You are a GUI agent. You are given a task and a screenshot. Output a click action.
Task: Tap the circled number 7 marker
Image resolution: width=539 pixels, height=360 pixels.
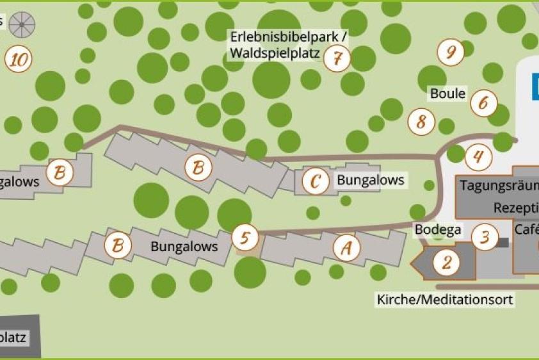coord(337,58)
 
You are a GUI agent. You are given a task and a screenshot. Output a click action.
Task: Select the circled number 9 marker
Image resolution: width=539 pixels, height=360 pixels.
coord(451,52)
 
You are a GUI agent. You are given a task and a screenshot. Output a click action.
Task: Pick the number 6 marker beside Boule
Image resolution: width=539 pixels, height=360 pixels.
coord(483,102)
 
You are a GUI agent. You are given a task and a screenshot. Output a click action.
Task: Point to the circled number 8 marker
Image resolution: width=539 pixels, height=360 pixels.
coord(421,121)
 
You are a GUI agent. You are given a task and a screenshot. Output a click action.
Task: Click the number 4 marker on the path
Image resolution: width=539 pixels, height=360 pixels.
coord(478,156)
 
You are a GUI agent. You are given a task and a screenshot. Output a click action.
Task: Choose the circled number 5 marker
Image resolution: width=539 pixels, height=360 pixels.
coord(244,238)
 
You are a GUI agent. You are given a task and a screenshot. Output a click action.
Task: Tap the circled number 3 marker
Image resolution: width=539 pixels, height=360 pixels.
coord(485,237)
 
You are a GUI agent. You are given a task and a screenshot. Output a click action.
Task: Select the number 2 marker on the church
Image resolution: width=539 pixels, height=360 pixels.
coord(446,262)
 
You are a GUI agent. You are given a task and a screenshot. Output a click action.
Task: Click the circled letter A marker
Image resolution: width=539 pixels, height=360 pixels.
coord(346,247)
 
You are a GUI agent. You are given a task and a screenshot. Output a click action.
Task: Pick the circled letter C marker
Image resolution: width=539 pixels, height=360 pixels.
coord(314,181)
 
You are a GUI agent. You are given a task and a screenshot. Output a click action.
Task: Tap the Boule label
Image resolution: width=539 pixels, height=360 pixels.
coord(447,94)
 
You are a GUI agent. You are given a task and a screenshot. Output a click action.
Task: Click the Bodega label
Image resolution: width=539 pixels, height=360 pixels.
coord(438,229)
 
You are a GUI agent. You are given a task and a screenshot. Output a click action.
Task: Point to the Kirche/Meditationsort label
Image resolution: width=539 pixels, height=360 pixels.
coord(445,299)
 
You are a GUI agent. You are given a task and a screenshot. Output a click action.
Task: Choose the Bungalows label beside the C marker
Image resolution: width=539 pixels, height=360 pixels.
coord(371,180)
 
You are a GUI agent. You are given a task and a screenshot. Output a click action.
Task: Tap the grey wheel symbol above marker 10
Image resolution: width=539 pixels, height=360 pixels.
coord(22,25)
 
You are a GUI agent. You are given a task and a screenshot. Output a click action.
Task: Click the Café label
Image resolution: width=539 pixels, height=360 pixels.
coord(526,229)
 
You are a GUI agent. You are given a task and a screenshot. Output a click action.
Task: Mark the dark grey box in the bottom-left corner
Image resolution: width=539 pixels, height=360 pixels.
coord(20,336)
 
